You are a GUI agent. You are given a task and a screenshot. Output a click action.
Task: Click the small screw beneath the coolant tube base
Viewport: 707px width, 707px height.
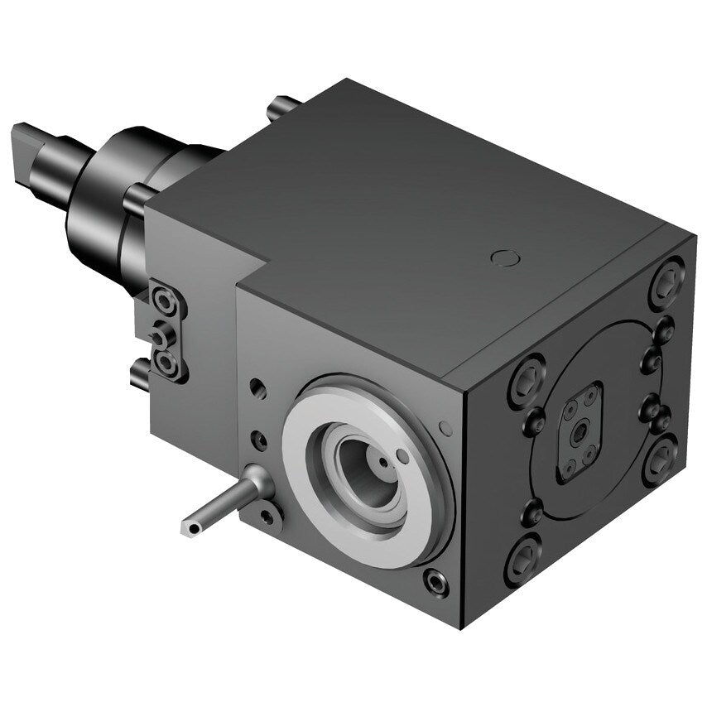[x=267, y=517]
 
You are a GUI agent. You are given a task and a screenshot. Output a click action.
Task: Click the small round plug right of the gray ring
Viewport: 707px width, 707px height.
[x=446, y=427]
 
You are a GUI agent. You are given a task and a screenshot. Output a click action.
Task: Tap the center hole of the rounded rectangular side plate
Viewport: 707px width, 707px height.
[x=580, y=431]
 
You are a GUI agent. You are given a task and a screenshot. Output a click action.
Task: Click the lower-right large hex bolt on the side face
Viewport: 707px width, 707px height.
[x=660, y=461]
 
